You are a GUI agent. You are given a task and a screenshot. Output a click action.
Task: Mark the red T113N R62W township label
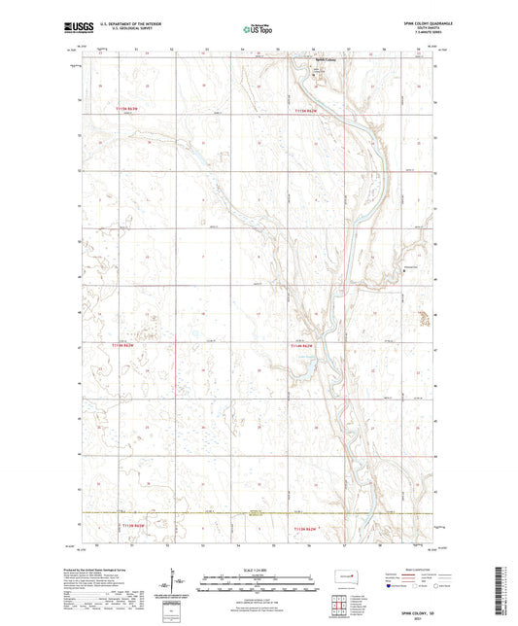pos(307,526)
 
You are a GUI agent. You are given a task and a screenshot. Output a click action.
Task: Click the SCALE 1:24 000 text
pos(258,568)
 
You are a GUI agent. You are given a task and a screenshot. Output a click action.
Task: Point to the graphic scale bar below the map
pos(258,578)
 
